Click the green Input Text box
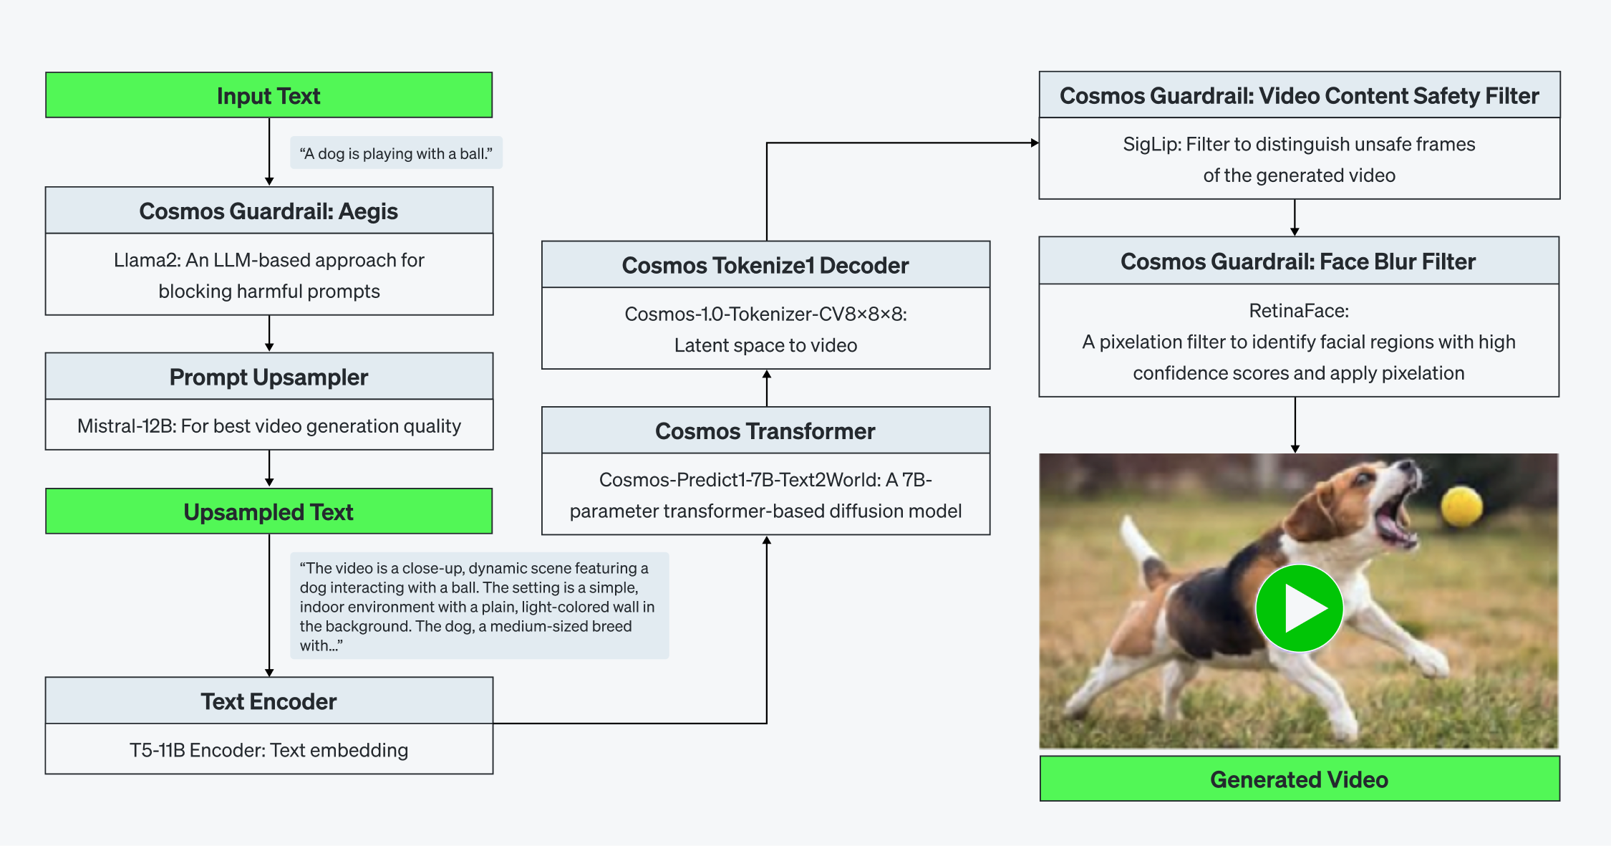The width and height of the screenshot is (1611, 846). click(268, 95)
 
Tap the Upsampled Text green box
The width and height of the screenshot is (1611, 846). click(268, 511)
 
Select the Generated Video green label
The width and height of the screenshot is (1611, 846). click(1299, 779)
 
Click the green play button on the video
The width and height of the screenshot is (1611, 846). click(1299, 608)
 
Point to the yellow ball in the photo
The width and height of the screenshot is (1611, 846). click(1461, 506)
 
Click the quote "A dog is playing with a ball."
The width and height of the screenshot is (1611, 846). click(396, 153)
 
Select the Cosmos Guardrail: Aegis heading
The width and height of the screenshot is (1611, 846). click(268, 211)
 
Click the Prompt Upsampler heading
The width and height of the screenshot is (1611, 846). click(268, 377)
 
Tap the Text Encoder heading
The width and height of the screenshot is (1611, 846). click(268, 701)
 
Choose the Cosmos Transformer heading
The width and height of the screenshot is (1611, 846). click(765, 431)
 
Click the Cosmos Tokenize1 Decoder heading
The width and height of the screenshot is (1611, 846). click(765, 265)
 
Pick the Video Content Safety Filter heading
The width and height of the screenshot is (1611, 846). click(1299, 95)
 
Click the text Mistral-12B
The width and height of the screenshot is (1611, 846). click(126, 426)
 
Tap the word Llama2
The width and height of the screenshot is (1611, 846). click(146, 260)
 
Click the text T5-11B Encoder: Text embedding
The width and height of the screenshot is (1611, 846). click(268, 750)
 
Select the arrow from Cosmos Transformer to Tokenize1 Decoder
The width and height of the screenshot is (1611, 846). click(766, 388)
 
